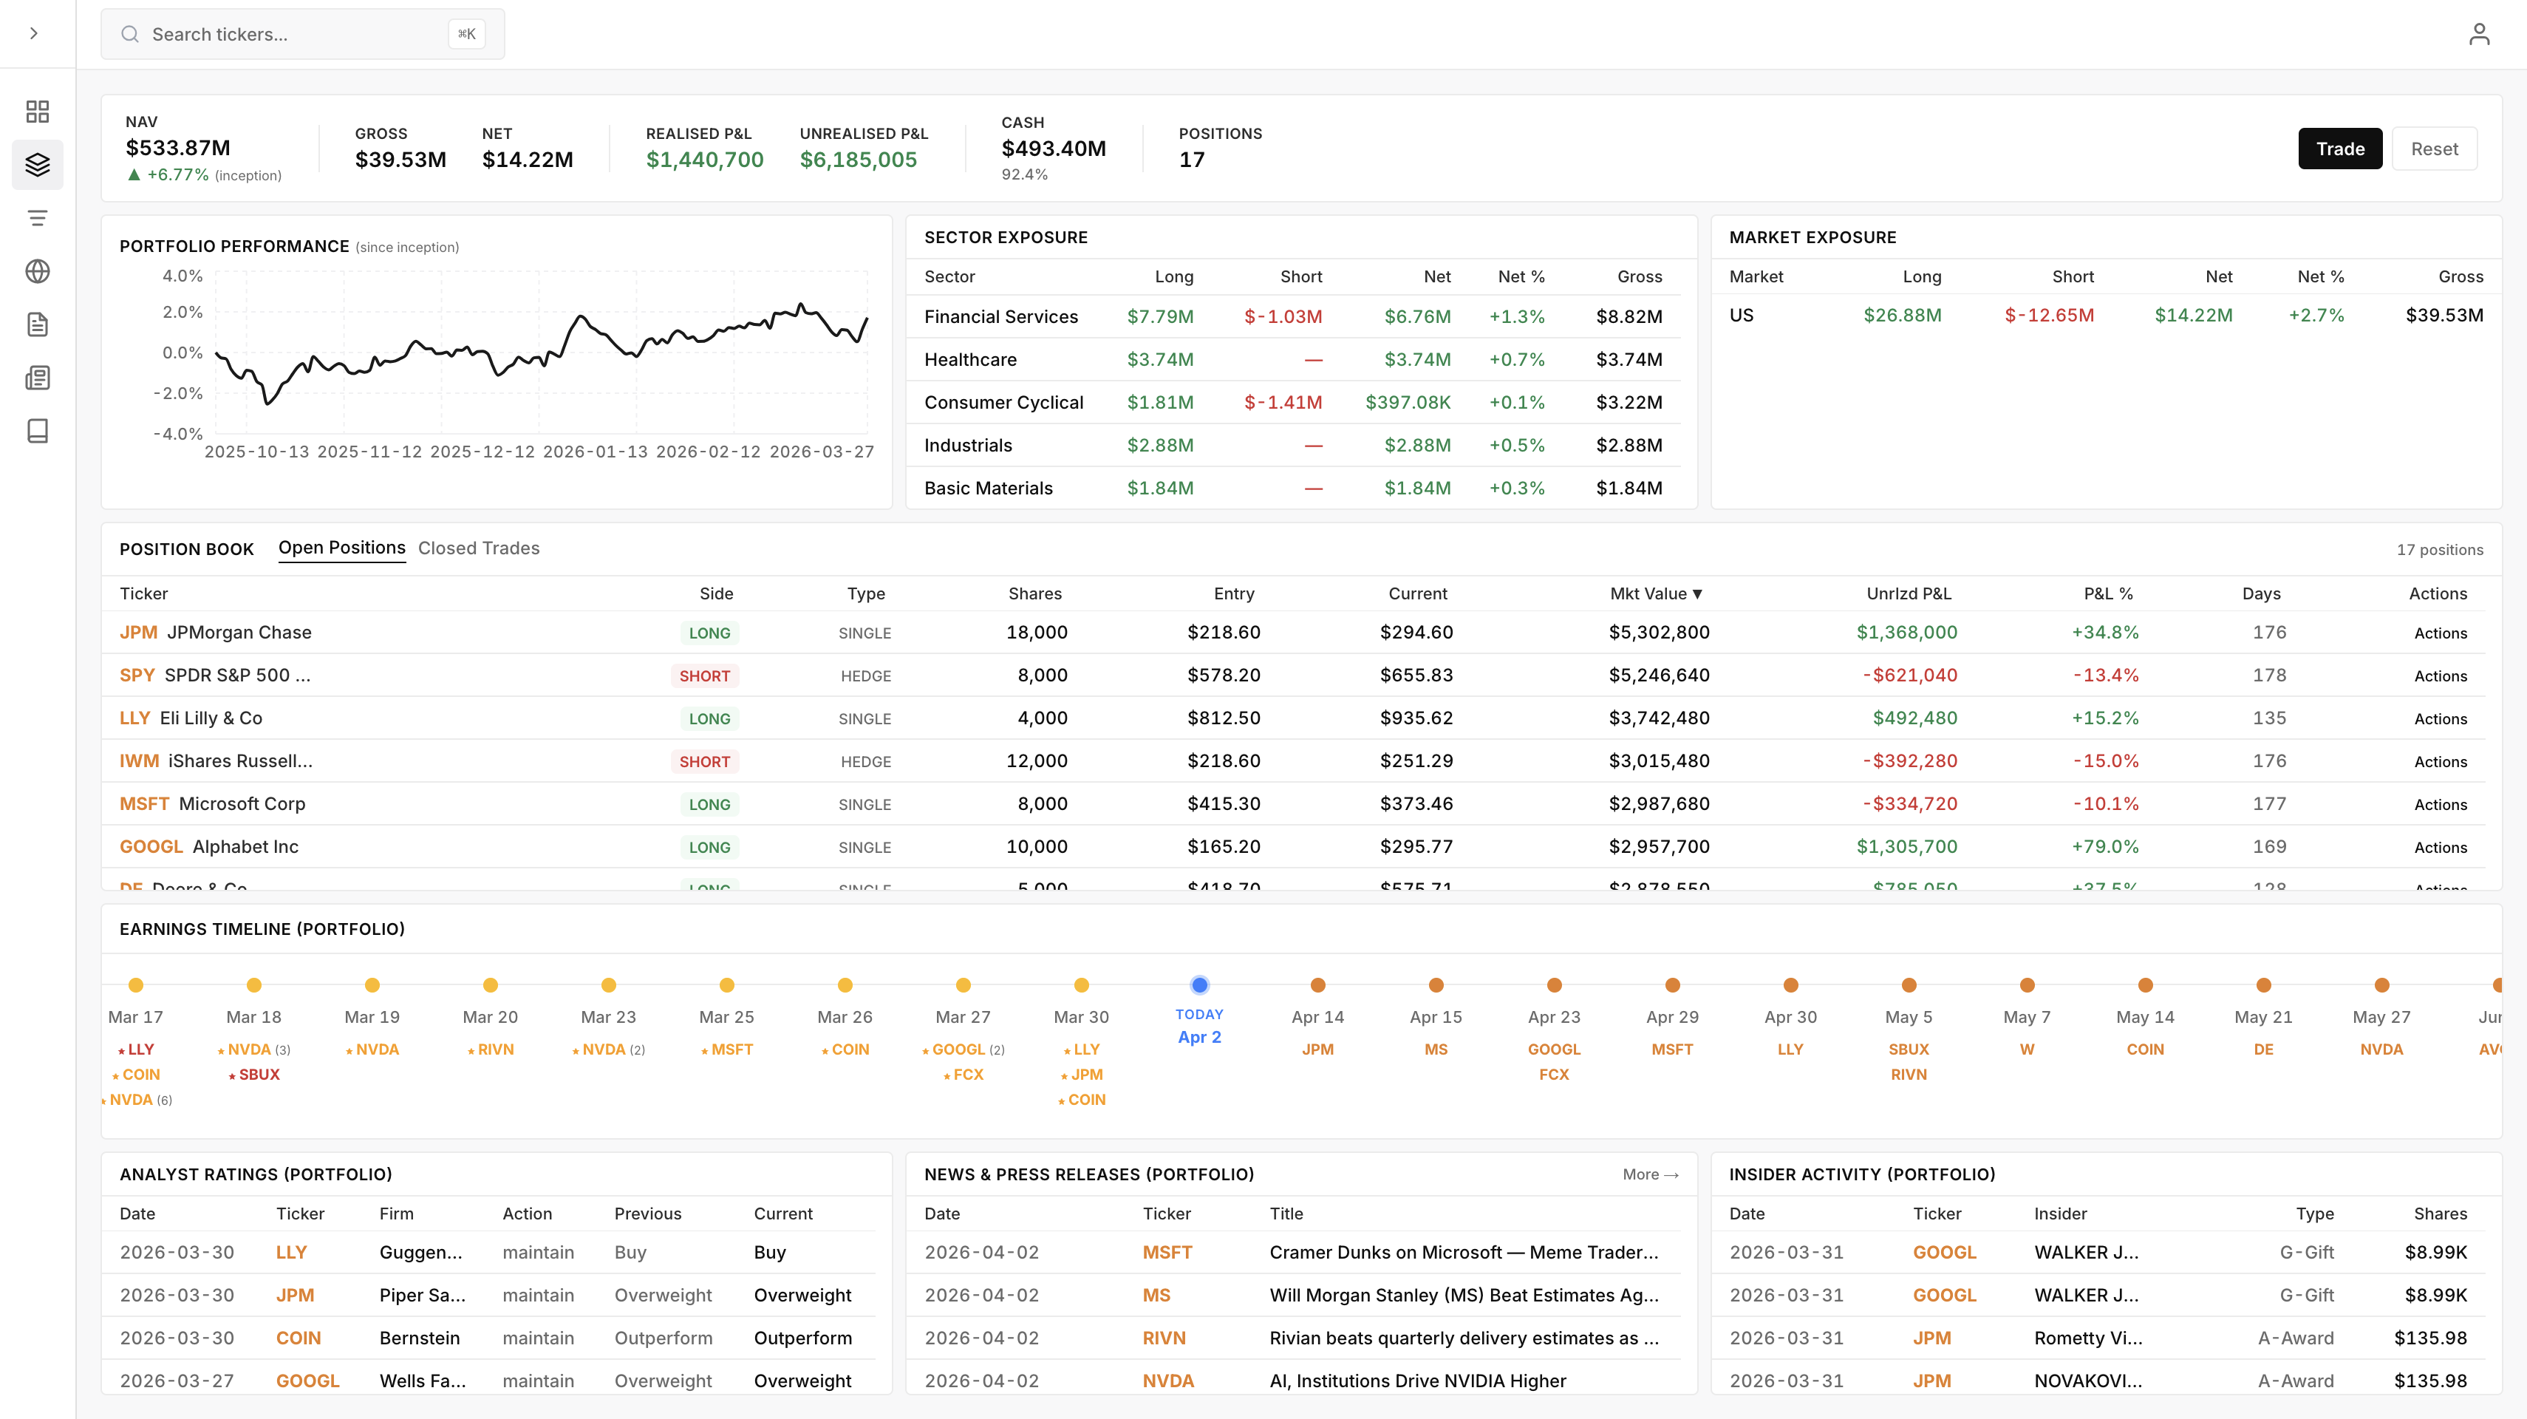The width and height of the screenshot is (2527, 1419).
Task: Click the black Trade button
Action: (x=2339, y=149)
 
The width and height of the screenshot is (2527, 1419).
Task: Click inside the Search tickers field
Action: (x=294, y=34)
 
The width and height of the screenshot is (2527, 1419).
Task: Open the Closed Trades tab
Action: (x=479, y=548)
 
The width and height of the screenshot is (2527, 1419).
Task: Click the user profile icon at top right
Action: (x=2478, y=34)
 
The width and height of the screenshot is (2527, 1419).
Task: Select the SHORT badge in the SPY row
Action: (x=704, y=676)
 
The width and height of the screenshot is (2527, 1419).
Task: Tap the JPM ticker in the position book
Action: (x=138, y=633)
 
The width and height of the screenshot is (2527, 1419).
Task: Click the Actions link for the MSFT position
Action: (x=2440, y=805)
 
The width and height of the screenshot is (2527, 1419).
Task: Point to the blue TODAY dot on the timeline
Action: (x=1198, y=984)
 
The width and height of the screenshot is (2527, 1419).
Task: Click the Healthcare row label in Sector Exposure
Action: (x=970, y=360)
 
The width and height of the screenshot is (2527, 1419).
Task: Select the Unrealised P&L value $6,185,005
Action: (x=859, y=160)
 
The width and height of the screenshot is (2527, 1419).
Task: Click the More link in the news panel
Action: (x=1650, y=1174)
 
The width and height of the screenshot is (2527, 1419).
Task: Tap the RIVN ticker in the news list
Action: (x=1164, y=1338)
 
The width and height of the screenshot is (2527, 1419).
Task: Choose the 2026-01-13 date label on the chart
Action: (x=596, y=452)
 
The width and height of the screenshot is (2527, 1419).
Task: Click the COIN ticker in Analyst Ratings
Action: (x=299, y=1338)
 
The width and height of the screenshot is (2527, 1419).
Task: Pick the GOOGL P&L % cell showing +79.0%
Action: (x=2104, y=847)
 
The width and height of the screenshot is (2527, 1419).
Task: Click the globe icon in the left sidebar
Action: (x=37, y=272)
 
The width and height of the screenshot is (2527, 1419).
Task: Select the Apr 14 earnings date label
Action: (x=1317, y=1018)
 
